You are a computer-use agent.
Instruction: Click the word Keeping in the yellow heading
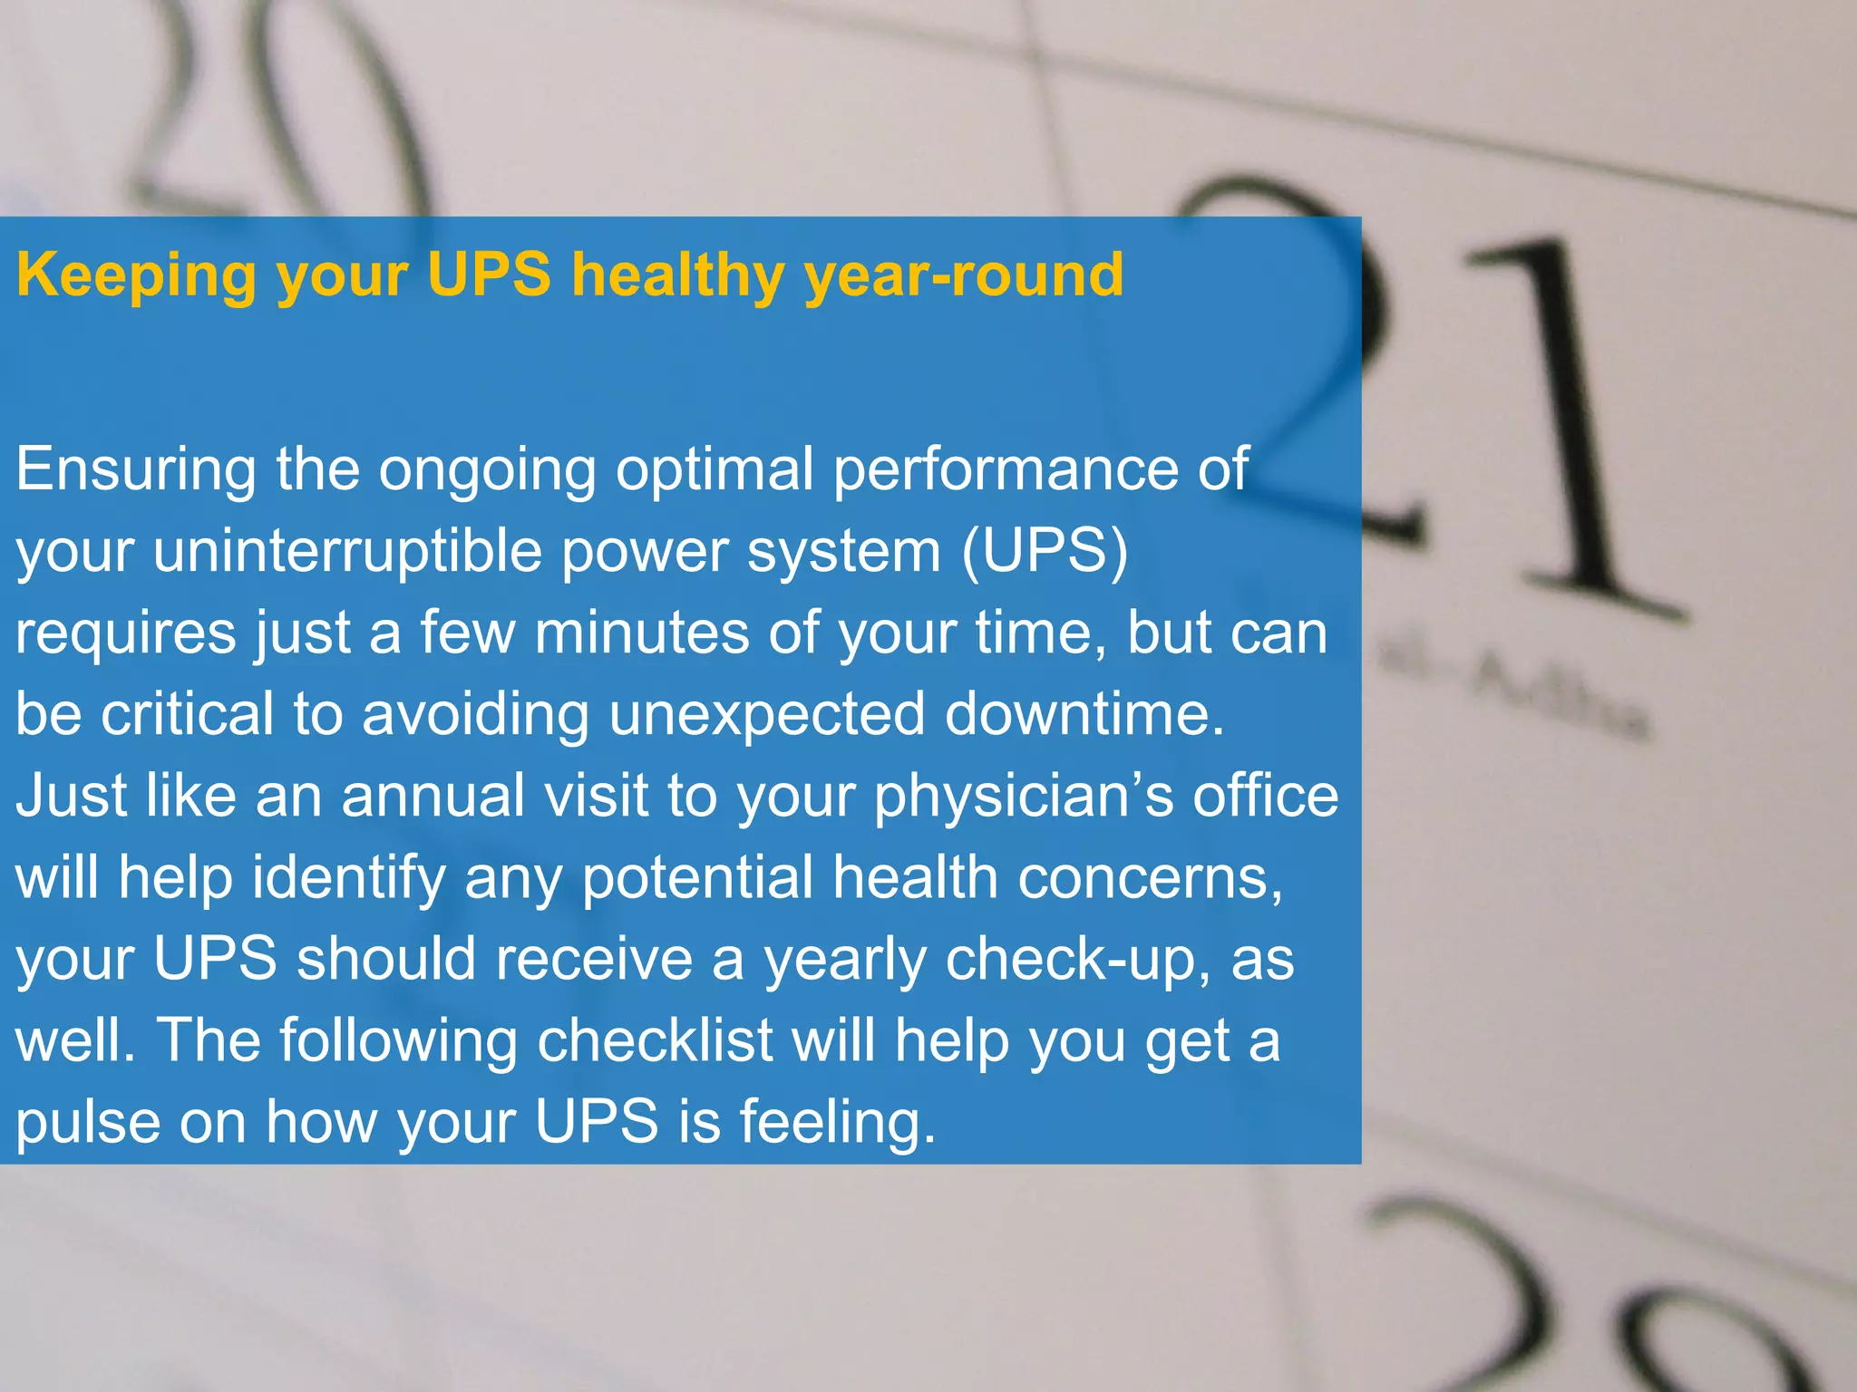(x=136, y=275)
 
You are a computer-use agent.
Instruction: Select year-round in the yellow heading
(x=964, y=275)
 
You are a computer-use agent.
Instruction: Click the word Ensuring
(x=136, y=470)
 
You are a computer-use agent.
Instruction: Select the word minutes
(x=642, y=632)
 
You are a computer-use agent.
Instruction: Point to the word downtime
(x=1084, y=713)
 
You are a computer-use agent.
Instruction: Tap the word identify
(x=348, y=878)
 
